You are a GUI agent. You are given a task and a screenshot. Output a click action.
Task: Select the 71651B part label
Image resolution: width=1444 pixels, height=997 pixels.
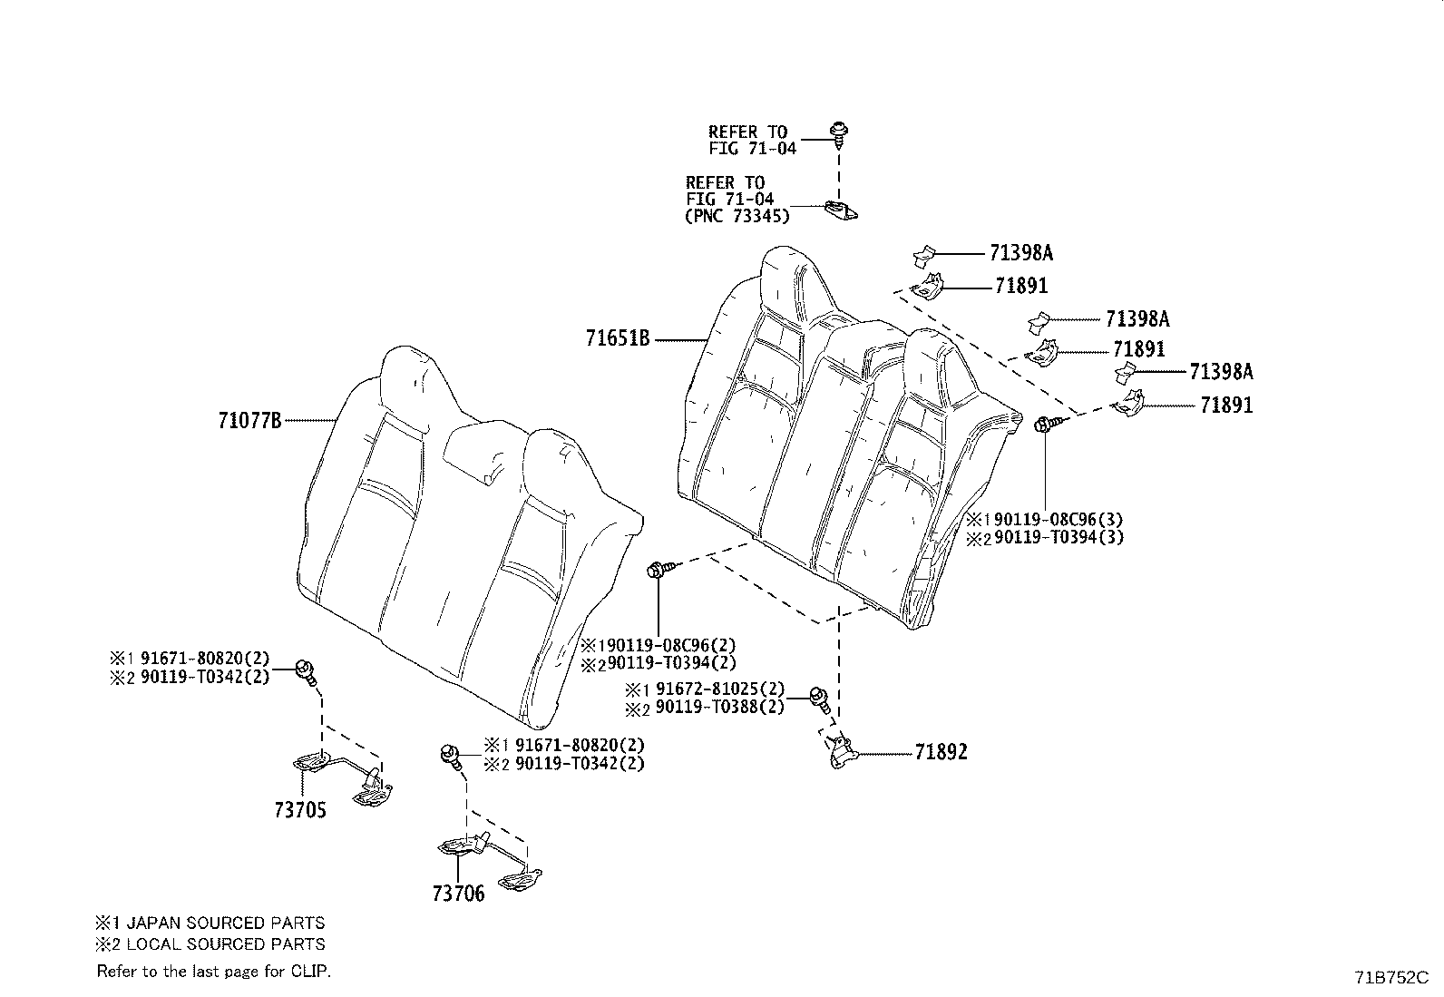(x=618, y=340)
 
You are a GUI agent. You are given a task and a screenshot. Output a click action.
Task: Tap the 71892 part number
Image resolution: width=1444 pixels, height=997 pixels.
(x=941, y=753)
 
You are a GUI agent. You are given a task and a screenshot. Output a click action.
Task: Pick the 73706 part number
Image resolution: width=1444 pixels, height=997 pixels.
(x=458, y=894)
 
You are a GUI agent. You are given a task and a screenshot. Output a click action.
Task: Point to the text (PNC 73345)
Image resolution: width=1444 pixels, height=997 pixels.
(x=737, y=216)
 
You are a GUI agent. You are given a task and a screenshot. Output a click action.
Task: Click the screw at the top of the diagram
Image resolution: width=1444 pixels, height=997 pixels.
(x=838, y=137)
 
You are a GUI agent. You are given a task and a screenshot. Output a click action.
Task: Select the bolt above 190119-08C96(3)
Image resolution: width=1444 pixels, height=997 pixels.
(x=1045, y=423)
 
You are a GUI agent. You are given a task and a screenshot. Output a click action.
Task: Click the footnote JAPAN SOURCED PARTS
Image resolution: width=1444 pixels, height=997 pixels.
(x=225, y=924)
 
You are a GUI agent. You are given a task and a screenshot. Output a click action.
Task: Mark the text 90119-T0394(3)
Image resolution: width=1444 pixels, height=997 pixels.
(x=1055, y=537)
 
